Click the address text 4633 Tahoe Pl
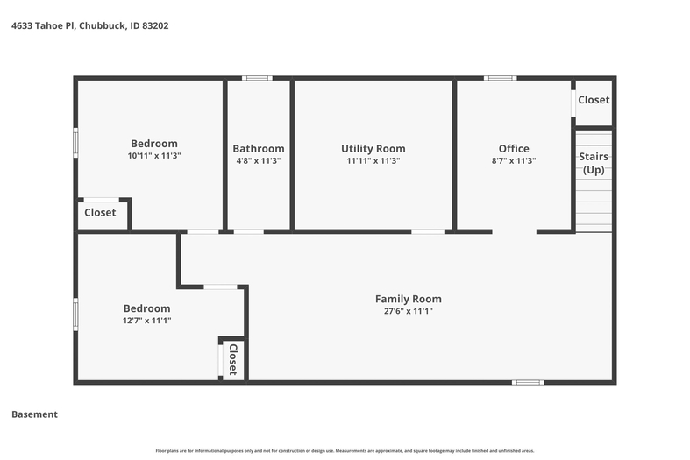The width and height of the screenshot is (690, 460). (43, 25)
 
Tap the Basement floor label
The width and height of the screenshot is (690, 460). (34, 414)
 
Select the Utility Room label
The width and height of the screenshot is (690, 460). (373, 149)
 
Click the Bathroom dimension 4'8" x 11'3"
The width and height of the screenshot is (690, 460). (259, 160)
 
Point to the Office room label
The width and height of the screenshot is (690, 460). (514, 149)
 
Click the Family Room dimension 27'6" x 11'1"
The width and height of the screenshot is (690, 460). (409, 311)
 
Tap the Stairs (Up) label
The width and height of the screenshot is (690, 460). (594, 163)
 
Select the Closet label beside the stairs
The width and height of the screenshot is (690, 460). (594, 100)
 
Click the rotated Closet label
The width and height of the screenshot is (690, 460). (233, 359)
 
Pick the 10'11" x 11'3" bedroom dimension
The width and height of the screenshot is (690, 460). (154, 155)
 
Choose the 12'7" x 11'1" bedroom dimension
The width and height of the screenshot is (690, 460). (146, 320)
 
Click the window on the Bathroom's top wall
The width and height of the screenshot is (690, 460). (257, 78)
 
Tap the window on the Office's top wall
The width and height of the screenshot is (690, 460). (501, 78)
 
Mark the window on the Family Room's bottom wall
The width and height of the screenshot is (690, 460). (528, 383)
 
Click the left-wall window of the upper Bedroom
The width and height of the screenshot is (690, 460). (75, 143)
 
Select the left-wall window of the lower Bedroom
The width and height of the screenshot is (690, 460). (75, 315)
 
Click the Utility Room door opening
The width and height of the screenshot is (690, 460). (428, 231)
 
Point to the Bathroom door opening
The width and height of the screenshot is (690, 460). (249, 231)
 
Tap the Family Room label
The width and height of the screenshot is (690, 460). (409, 299)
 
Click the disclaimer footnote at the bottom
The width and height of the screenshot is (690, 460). (345, 450)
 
